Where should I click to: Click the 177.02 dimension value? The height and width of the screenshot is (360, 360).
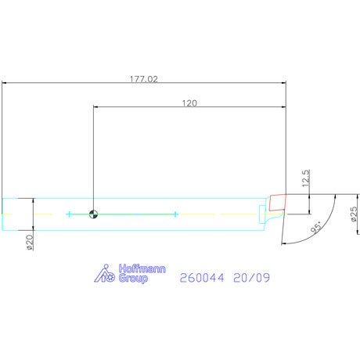(144, 79)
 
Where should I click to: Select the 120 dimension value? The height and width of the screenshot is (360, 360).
(189, 103)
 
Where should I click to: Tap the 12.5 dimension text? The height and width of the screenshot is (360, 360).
(306, 178)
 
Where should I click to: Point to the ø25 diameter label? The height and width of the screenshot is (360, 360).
(354, 214)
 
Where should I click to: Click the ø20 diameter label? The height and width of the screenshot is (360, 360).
(31, 243)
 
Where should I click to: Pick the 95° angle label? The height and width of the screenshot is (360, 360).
(317, 228)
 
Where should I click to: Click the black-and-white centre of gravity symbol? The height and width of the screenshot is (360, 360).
(93, 214)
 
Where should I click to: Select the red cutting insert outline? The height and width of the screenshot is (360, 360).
(278, 202)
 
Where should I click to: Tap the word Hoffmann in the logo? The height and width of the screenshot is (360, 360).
(142, 268)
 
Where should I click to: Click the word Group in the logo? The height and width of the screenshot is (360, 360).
(133, 279)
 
